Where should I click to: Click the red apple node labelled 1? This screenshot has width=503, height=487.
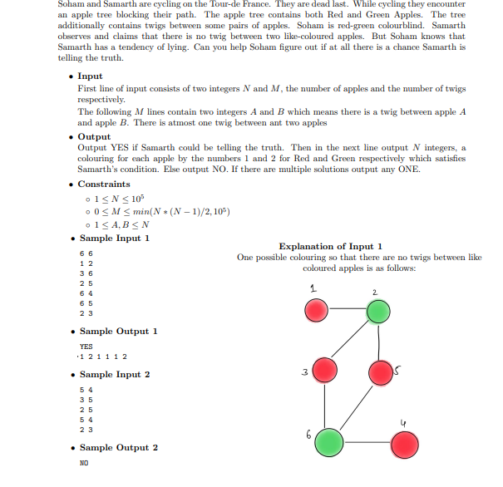316,311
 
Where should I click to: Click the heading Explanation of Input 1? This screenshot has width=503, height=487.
330,246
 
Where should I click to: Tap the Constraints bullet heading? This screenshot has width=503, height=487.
103,184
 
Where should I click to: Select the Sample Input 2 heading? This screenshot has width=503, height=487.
115,375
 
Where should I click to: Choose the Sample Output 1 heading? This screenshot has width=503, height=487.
118,332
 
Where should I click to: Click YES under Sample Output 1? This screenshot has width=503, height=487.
86,347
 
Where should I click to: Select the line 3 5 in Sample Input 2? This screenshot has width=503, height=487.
85,400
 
